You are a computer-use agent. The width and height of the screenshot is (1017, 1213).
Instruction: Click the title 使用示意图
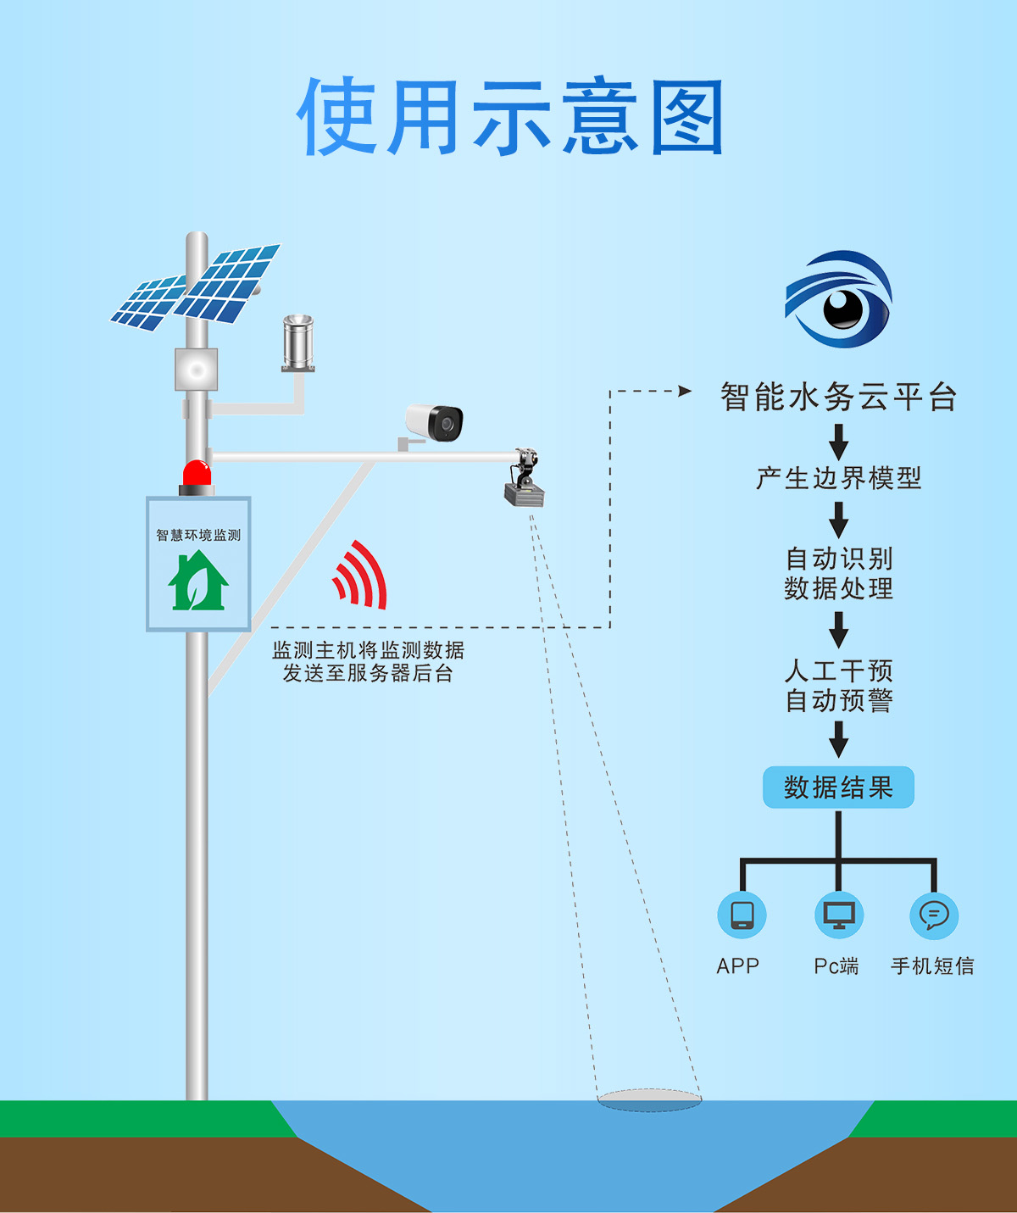pos(510,117)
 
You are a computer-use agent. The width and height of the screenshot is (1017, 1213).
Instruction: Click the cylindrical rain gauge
pos(297,342)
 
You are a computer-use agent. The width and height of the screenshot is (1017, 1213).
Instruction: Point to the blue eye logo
pos(838,300)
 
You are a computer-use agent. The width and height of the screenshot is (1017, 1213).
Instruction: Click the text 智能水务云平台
pos(838,397)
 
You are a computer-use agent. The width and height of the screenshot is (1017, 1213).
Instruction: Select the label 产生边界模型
pos(838,478)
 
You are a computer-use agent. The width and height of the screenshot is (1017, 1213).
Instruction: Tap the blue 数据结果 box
pos(838,787)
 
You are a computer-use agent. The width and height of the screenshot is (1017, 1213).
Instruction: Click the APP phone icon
pos(742,915)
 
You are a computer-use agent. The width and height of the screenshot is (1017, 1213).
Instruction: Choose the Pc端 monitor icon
pos(838,915)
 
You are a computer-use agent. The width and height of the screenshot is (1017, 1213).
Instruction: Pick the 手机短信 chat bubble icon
pos(933,915)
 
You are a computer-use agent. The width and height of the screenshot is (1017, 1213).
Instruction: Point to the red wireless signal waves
pos(361,576)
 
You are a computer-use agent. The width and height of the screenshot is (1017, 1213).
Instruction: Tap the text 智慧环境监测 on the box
pos(198,535)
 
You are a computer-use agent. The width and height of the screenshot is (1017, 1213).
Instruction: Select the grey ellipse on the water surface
pos(649,1099)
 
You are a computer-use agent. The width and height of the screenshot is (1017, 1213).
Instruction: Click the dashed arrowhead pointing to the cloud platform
pos(684,391)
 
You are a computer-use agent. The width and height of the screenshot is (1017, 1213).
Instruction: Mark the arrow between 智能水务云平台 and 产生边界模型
pos(838,441)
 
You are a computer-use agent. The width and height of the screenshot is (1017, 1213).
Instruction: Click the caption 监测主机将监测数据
pos(368,650)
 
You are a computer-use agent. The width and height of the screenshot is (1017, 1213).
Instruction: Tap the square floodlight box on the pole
pos(197,370)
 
